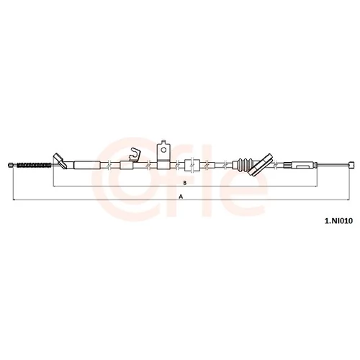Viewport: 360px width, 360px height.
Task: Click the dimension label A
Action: [x=181, y=197]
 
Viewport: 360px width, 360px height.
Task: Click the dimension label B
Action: [x=185, y=183]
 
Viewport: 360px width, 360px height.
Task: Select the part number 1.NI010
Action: [x=338, y=221]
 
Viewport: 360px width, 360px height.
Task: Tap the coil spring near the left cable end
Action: [x=35, y=165]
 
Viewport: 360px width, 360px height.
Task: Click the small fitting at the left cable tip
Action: [x=11, y=165]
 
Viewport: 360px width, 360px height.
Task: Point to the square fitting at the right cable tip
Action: [x=351, y=165]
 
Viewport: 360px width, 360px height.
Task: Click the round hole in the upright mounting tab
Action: [x=163, y=150]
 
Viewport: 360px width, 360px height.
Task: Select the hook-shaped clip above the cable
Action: [x=135, y=154]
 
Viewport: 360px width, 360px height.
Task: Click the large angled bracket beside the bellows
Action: [x=261, y=165]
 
